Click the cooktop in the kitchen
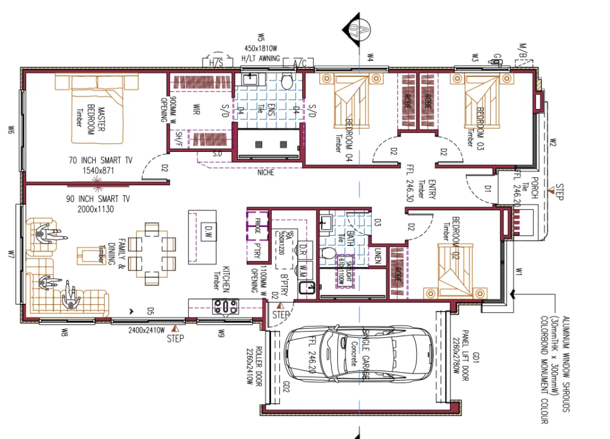[226, 306]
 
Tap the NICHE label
[266, 173]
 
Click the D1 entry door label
[487, 189]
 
